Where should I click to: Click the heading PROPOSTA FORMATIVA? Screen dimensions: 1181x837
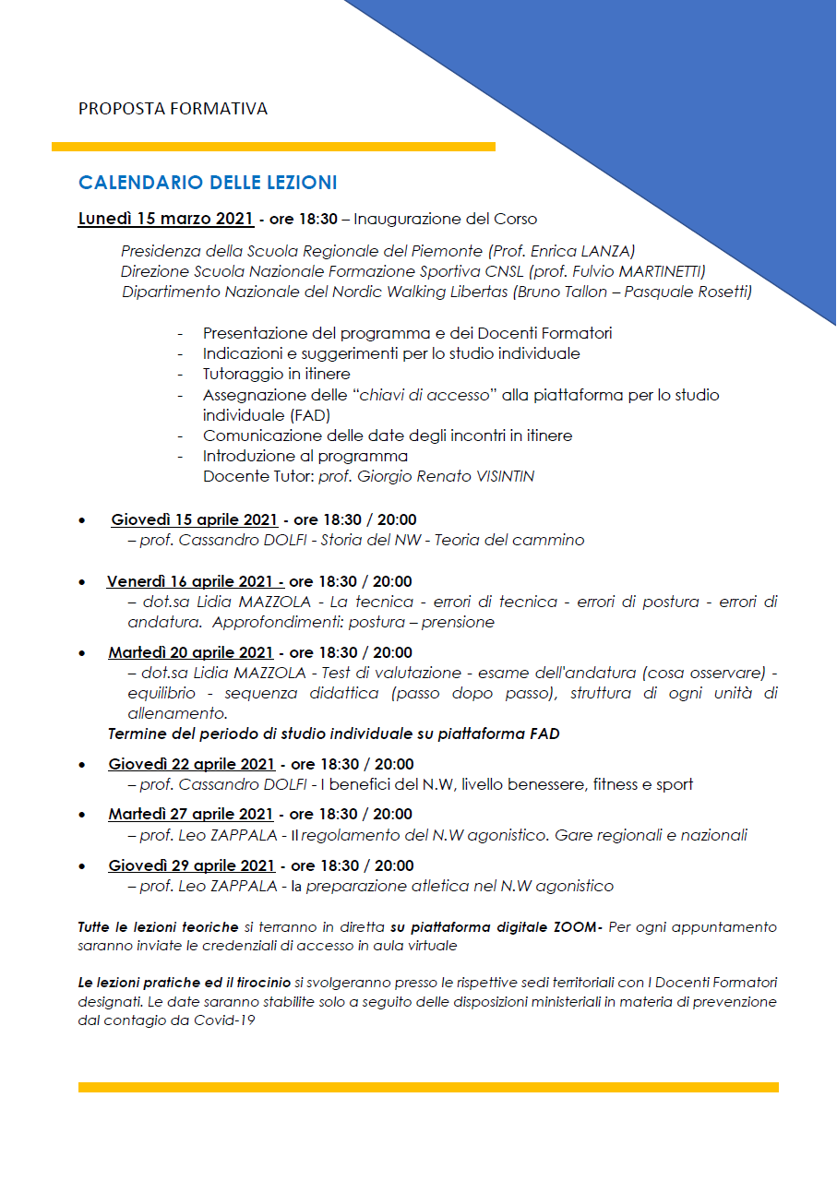[173, 109]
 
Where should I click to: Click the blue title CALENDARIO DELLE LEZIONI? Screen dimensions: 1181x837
[208, 182]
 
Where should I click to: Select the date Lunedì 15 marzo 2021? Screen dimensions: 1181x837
[166, 220]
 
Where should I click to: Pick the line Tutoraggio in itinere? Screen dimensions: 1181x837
[276, 374]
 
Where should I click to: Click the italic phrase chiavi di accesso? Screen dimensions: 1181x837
[424, 395]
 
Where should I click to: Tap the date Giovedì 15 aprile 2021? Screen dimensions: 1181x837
[194, 520]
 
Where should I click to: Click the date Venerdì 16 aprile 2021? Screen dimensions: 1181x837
[195, 581]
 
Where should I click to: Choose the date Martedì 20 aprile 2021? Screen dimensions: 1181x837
[190, 652]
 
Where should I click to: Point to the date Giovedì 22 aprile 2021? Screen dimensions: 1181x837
[191, 764]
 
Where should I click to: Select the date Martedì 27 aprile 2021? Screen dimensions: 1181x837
[190, 814]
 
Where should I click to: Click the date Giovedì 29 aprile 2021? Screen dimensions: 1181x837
[191, 865]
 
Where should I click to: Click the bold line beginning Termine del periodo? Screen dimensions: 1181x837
[333, 734]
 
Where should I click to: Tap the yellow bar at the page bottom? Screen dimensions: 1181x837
[428, 1087]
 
